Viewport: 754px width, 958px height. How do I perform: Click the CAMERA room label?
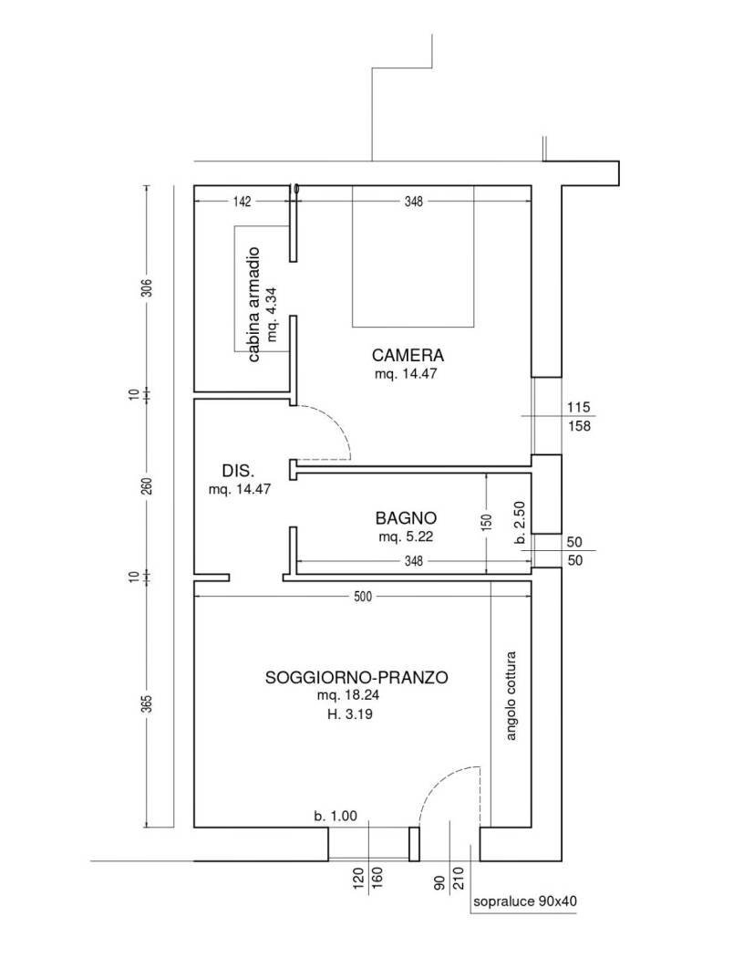coord(408,355)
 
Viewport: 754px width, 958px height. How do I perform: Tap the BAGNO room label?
coord(406,518)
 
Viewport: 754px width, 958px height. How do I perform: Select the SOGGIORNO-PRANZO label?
coord(356,678)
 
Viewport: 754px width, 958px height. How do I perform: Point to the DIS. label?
coord(238,471)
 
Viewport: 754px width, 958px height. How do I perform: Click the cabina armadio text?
coord(254,304)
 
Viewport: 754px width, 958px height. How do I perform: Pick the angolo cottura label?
coord(511,696)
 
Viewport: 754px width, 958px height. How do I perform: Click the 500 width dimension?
coord(363,597)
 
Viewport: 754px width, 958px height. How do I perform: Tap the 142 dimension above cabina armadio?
coord(243,202)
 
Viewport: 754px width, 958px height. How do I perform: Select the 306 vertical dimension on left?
coord(147,287)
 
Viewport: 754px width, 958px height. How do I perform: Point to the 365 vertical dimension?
coord(147,703)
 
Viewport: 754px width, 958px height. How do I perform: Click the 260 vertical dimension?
coord(147,486)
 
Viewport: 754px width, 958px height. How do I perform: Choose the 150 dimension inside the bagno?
coord(487,523)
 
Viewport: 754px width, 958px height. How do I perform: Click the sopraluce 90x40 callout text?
coord(525,901)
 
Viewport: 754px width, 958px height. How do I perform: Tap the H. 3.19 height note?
coord(350,714)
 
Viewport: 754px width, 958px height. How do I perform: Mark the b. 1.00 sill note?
coord(336,816)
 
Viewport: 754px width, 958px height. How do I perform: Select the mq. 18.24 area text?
coord(348,696)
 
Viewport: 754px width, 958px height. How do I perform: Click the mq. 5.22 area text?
coord(406,537)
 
